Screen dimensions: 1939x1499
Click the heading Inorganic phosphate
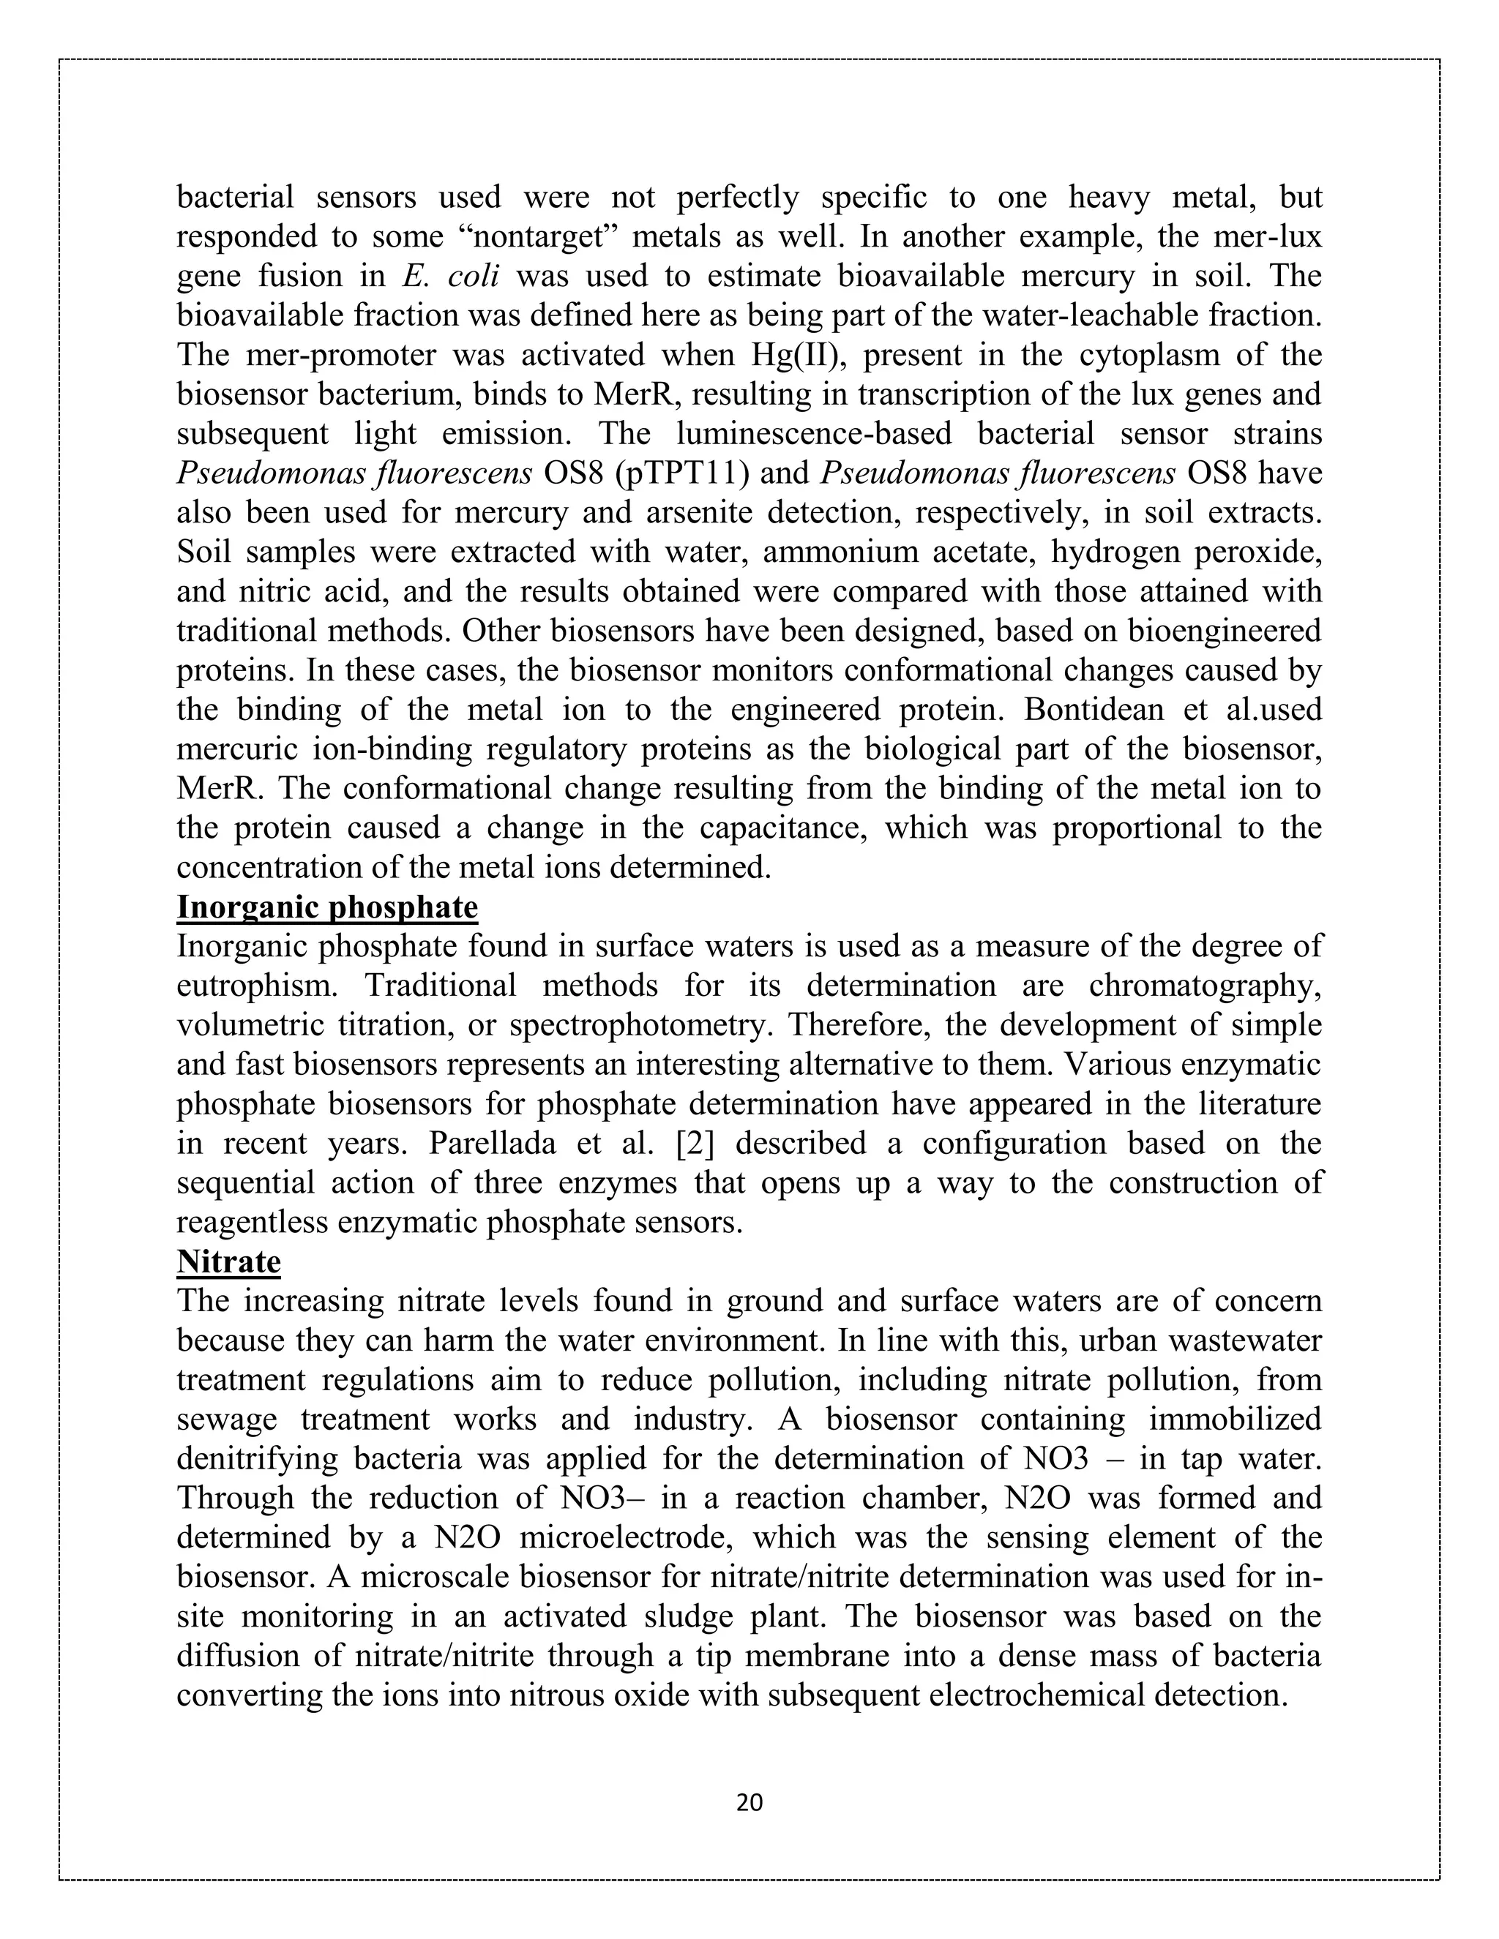pyautogui.click(x=326, y=907)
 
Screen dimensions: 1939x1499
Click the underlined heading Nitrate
pyautogui.click(x=228, y=1261)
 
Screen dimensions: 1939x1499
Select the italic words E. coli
pyautogui.click(x=450, y=276)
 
